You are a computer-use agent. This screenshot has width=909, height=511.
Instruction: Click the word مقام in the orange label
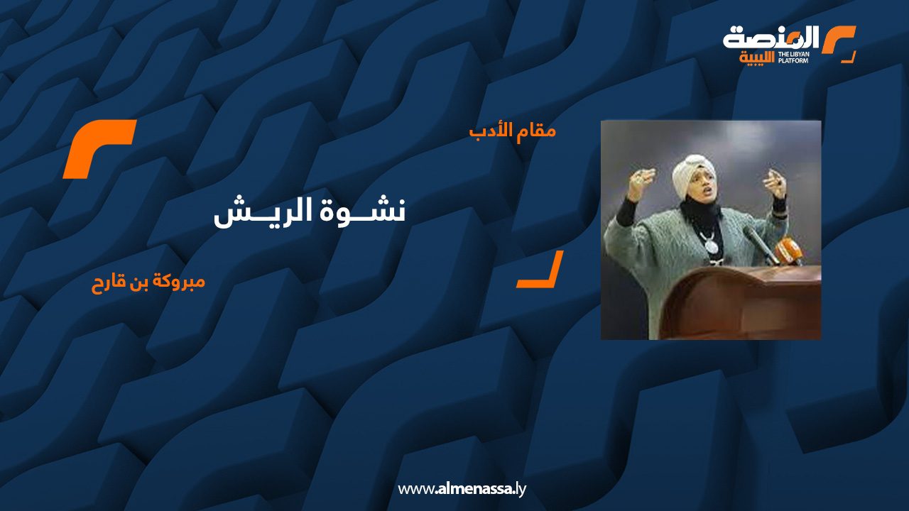click(x=538, y=131)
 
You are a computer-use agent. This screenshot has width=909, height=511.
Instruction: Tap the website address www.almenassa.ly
click(x=462, y=489)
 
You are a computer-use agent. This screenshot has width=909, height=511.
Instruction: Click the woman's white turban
click(x=692, y=174)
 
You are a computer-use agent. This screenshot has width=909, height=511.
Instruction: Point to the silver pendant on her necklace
click(x=709, y=245)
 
